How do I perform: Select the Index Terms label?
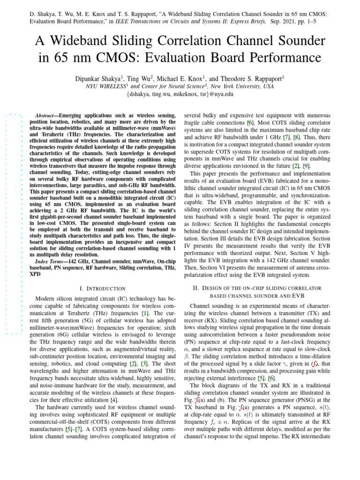pyautogui.click(x=51, y=261)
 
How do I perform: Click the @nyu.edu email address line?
pyautogui.click(x=180, y=94)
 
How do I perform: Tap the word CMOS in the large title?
pyautogui.click(x=134, y=59)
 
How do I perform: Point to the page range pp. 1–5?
pyautogui.click(x=313, y=21)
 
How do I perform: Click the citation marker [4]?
pyautogui.click(x=113, y=400)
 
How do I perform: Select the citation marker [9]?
pyautogui.click(x=306, y=166)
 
